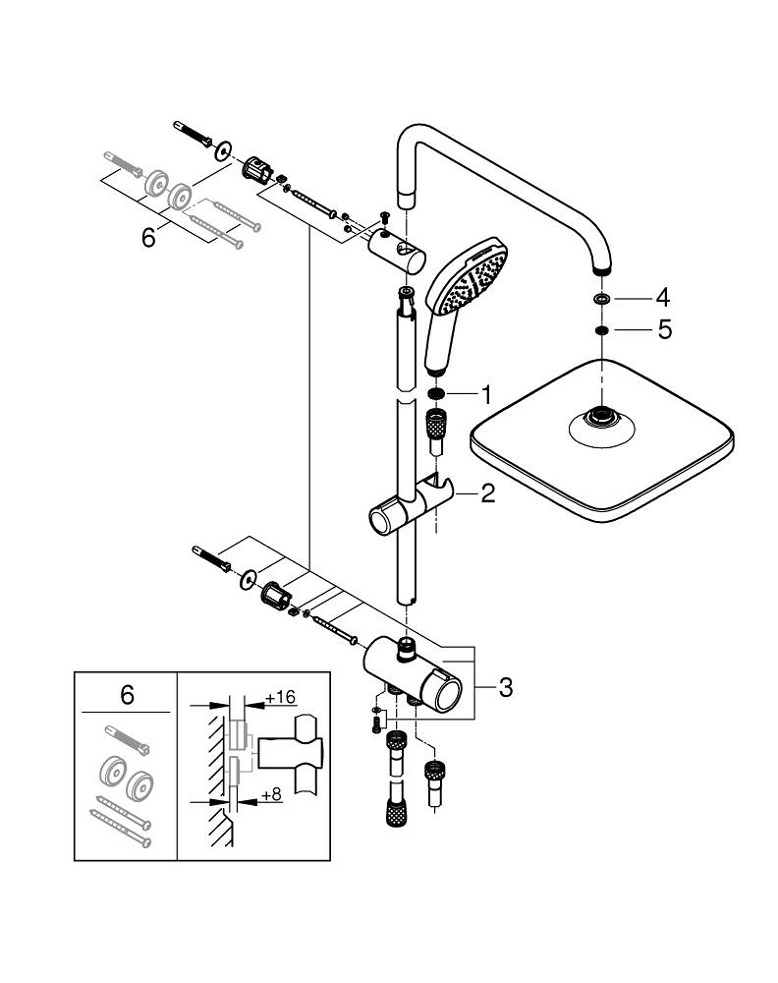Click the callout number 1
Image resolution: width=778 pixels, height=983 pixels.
tap(484, 396)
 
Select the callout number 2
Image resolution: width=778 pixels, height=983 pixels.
tap(487, 493)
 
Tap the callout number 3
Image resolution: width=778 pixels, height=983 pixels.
tap(505, 687)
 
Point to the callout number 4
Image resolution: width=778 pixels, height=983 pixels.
tap(664, 296)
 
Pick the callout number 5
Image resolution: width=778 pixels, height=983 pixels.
tap(664, 330)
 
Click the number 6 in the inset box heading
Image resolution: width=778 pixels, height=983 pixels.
tap(127, 695)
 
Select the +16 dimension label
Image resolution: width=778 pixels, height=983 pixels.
tap(281, 697)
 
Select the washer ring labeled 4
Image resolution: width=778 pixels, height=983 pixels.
tap(601, 297)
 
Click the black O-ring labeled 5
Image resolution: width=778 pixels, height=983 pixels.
tap(601, 330)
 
